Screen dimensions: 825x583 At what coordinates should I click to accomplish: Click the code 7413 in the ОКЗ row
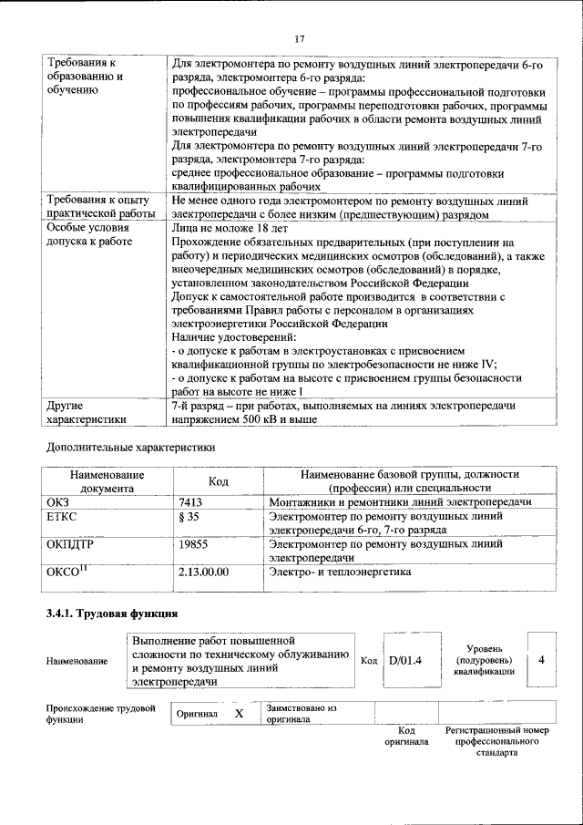[x=190, y=502]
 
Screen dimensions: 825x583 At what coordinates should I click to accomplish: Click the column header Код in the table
[x=218, y=481]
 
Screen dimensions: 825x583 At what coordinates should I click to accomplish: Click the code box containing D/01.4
[x=405, y=660]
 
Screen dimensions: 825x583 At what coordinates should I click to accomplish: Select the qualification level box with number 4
[x=541, y=660]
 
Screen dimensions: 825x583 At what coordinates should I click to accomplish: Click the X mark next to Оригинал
[x=239, y=714]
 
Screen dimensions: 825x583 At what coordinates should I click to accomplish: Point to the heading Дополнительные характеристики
[x=130, y=448]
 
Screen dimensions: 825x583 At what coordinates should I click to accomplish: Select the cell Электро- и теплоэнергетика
[x=340, y=572]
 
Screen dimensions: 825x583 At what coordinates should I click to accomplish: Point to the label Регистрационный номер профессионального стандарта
[x=496, y=742]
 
